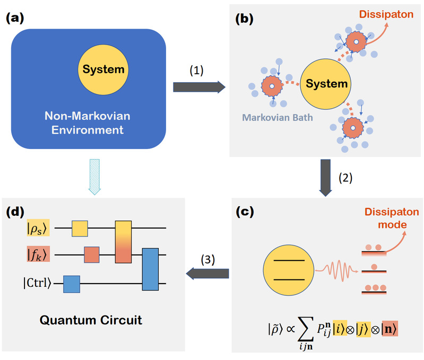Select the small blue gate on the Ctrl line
click(x=71, y=284)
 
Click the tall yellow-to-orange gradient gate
click(x=123, y=242)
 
